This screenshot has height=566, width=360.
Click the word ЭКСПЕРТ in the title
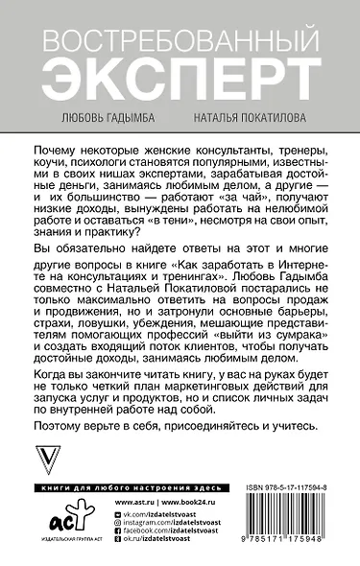click(x=179, y=74)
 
